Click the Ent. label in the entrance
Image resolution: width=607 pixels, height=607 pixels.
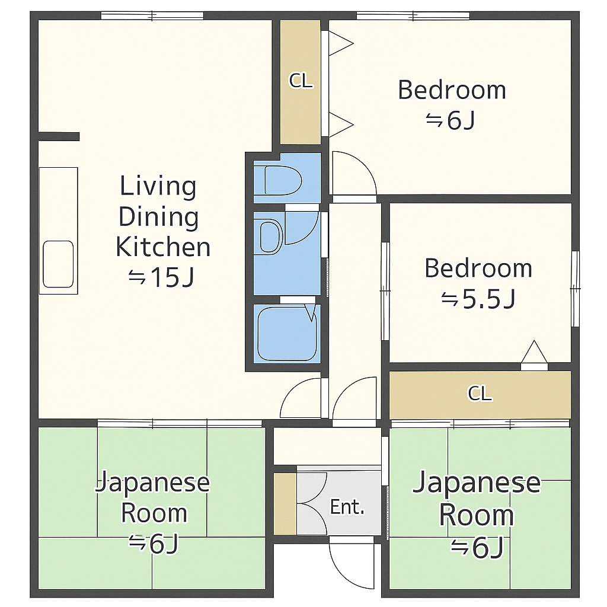tap(347, 507)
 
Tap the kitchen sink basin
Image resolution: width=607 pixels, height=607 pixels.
tap(58, 264)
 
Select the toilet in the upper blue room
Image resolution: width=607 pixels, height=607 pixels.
tap(283, 180)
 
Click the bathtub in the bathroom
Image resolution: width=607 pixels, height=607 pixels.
tap(287, 334)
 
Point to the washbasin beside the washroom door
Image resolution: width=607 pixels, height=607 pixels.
tap(270, 237)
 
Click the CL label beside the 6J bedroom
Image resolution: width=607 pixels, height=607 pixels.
tap(301, 81)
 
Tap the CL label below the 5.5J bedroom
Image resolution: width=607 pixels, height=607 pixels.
tap(480, 394)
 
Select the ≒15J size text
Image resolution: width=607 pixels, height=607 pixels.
tap(161, 277)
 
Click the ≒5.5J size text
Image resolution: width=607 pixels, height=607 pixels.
tap(478, 299)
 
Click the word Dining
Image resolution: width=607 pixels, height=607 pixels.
tap(158, 216)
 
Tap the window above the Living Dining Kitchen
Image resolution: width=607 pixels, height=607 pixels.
tap(152, 16)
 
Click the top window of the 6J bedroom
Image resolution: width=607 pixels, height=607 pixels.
tap(413, 16)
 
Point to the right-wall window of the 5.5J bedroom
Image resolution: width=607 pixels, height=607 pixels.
tap(576, 289)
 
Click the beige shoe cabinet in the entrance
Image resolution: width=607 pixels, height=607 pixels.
tap(285, 503)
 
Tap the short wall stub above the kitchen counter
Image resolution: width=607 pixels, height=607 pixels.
tap(59, 137)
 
